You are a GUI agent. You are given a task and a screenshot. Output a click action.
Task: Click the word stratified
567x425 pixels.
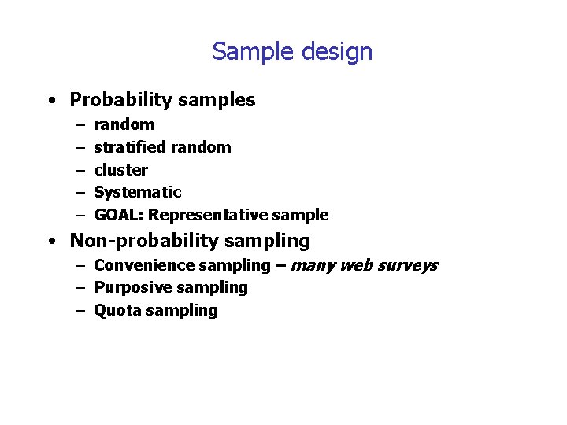(129, 147)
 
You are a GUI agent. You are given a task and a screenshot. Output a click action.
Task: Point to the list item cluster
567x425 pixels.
(120, 170)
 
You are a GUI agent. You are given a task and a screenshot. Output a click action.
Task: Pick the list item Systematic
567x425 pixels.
(138, 192)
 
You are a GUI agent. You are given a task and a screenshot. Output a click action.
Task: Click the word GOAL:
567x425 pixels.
(119, 215)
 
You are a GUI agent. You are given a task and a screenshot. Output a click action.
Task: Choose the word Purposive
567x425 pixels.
(130, 288)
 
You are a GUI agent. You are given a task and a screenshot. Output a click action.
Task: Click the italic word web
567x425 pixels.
(357, 265)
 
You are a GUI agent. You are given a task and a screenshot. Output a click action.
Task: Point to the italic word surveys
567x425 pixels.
(407, 266)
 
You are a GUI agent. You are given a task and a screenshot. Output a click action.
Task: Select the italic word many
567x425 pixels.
(313, 266)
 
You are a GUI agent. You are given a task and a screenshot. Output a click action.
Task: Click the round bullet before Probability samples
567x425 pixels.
(50, 102)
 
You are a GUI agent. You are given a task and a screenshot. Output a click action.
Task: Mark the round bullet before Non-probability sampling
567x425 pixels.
(50, 242)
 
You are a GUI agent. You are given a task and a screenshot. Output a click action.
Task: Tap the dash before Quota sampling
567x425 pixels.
(80, 311)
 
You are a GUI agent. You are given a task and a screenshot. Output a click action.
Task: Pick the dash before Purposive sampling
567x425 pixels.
(80, 289)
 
